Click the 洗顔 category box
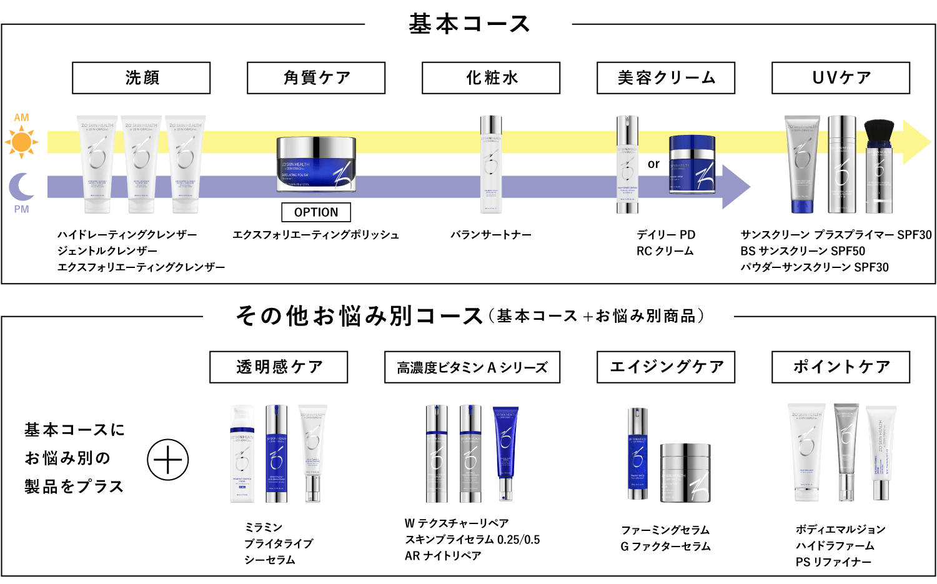(141, 78)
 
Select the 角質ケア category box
(316, 78)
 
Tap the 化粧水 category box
(491, 78)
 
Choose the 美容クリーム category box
(666, 78)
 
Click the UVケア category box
(841, 78)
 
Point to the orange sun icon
(22, 142)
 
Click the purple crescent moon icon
(22, 187)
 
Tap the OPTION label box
(316, 212)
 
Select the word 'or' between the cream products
(653, 164)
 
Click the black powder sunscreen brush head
(879, 132)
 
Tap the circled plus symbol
(168, 460)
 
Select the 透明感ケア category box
(279, 367)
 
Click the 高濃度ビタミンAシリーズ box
(472, 367)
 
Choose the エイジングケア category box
(666, 367)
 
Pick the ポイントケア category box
(841, 367)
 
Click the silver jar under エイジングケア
(685, 473)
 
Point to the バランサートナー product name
(491, 235)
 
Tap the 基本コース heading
(468, 24)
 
